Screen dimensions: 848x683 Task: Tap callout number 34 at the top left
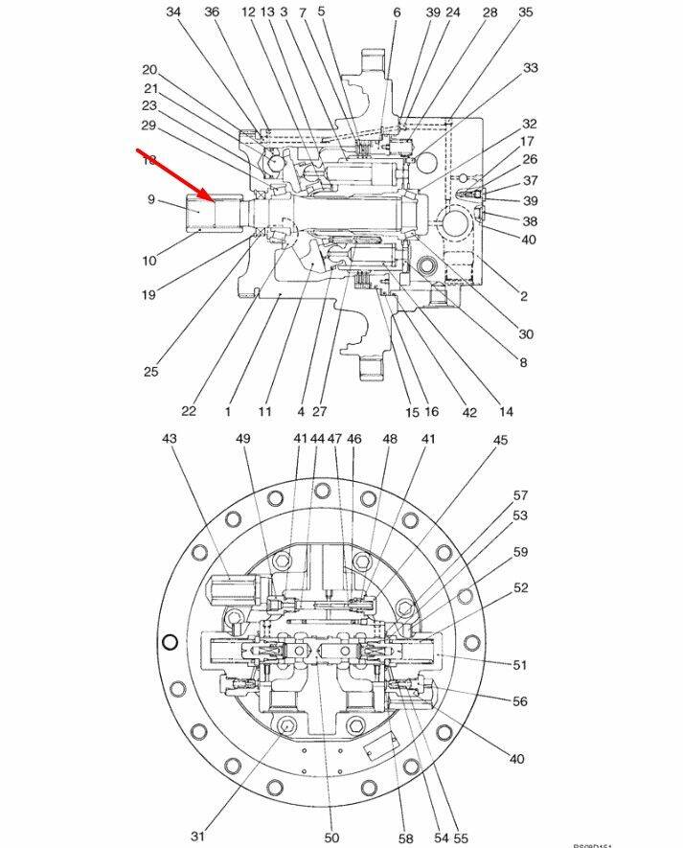(173, 12)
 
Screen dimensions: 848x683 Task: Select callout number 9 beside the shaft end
(150, 199)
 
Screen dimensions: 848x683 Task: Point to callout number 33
(530, 68)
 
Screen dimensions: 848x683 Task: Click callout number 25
(150, 372)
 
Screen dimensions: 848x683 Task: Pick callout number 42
(469, 411)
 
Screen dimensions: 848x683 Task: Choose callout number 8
(523, 362)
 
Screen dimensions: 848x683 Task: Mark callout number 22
(189, 411)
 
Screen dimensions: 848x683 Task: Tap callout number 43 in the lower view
(170, 438)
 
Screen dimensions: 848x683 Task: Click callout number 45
(500, 440)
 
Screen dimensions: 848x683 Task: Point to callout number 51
(520, 664)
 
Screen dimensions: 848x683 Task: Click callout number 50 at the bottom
(331, 837)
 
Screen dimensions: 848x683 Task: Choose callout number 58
(406, 837)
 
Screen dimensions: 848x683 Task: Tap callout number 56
(519, 701)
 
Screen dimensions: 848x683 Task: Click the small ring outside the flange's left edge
(171, 642)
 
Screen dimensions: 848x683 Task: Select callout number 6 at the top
(397, 12)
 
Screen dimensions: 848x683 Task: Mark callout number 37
(530, 180)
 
